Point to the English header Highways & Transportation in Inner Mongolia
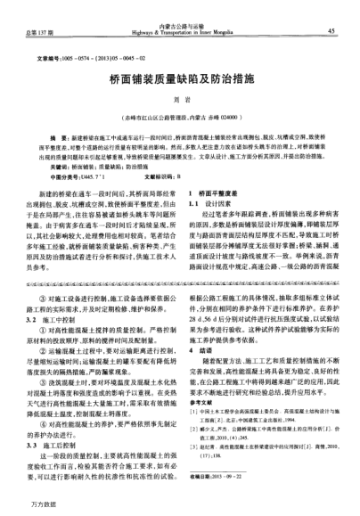182,34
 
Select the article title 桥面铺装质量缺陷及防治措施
181,77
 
